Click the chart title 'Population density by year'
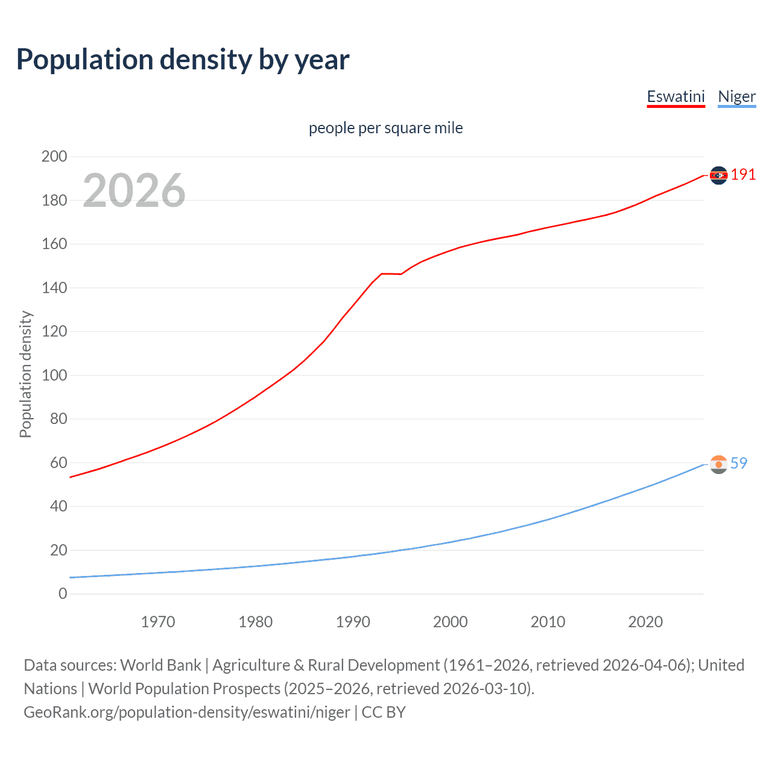183,60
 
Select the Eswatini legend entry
675,96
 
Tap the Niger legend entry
736,96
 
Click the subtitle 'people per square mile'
385,128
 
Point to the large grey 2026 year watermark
134,191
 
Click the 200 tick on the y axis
54,157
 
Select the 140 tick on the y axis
54,288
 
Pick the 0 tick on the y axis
63,593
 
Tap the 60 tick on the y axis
59,463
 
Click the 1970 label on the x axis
158,622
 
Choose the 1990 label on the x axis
353,622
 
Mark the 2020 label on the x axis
645,622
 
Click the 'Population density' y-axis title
25,374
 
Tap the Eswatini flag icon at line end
718,175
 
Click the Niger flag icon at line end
718,464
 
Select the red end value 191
743,175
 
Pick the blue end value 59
739,463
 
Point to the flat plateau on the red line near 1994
391,274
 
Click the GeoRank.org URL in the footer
187,712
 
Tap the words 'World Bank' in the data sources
160,665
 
